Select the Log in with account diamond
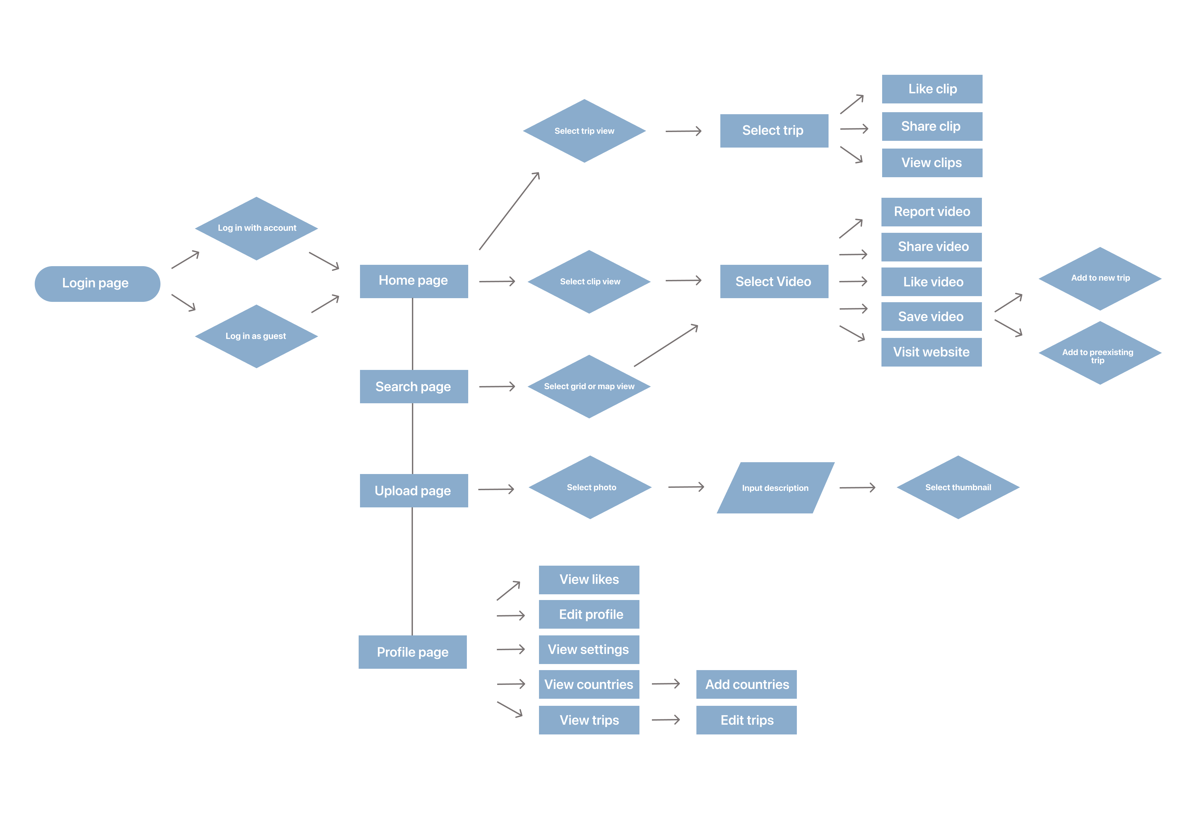[x=256, y=228]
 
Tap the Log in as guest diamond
[x=256, y=336]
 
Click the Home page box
[x=414, y=281]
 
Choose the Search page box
[x=414, y=386]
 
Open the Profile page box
[x=413, y=652]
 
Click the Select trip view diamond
[x=584, y=131]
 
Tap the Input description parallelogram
[x=775, y=488]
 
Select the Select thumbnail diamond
[x=958, y=487]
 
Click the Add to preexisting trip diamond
[x=1100, y=353]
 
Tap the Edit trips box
[x=746, y=720]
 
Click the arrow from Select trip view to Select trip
[x=683, y=131]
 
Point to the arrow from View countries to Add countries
[x=666, y=684]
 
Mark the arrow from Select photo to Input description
[x=686, y=487]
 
